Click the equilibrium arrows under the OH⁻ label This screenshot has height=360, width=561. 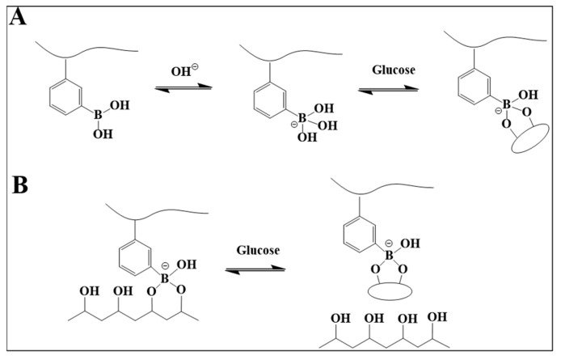pyautogui.click(x=171, y=90)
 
